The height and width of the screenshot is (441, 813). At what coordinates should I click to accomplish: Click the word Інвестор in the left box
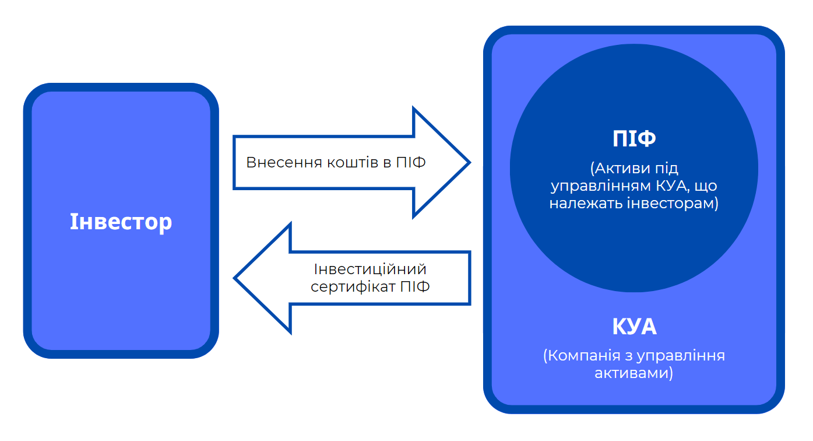(x=121, y=222)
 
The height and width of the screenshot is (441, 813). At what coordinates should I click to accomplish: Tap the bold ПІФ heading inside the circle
(x=634, y=139)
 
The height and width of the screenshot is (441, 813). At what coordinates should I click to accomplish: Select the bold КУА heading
(x=634, y=327)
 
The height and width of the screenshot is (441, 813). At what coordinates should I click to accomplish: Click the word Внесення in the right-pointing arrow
(x=276, y=162)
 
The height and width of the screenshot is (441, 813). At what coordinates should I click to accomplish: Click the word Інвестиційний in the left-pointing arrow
(x=370, y=269)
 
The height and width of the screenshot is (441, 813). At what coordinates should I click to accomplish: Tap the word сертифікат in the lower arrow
(x=353, y=287)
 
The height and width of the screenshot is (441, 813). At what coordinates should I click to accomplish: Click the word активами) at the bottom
(x=634, y=373)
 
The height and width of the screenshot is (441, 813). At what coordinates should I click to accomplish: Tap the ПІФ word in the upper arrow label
(x=411, y=162)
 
